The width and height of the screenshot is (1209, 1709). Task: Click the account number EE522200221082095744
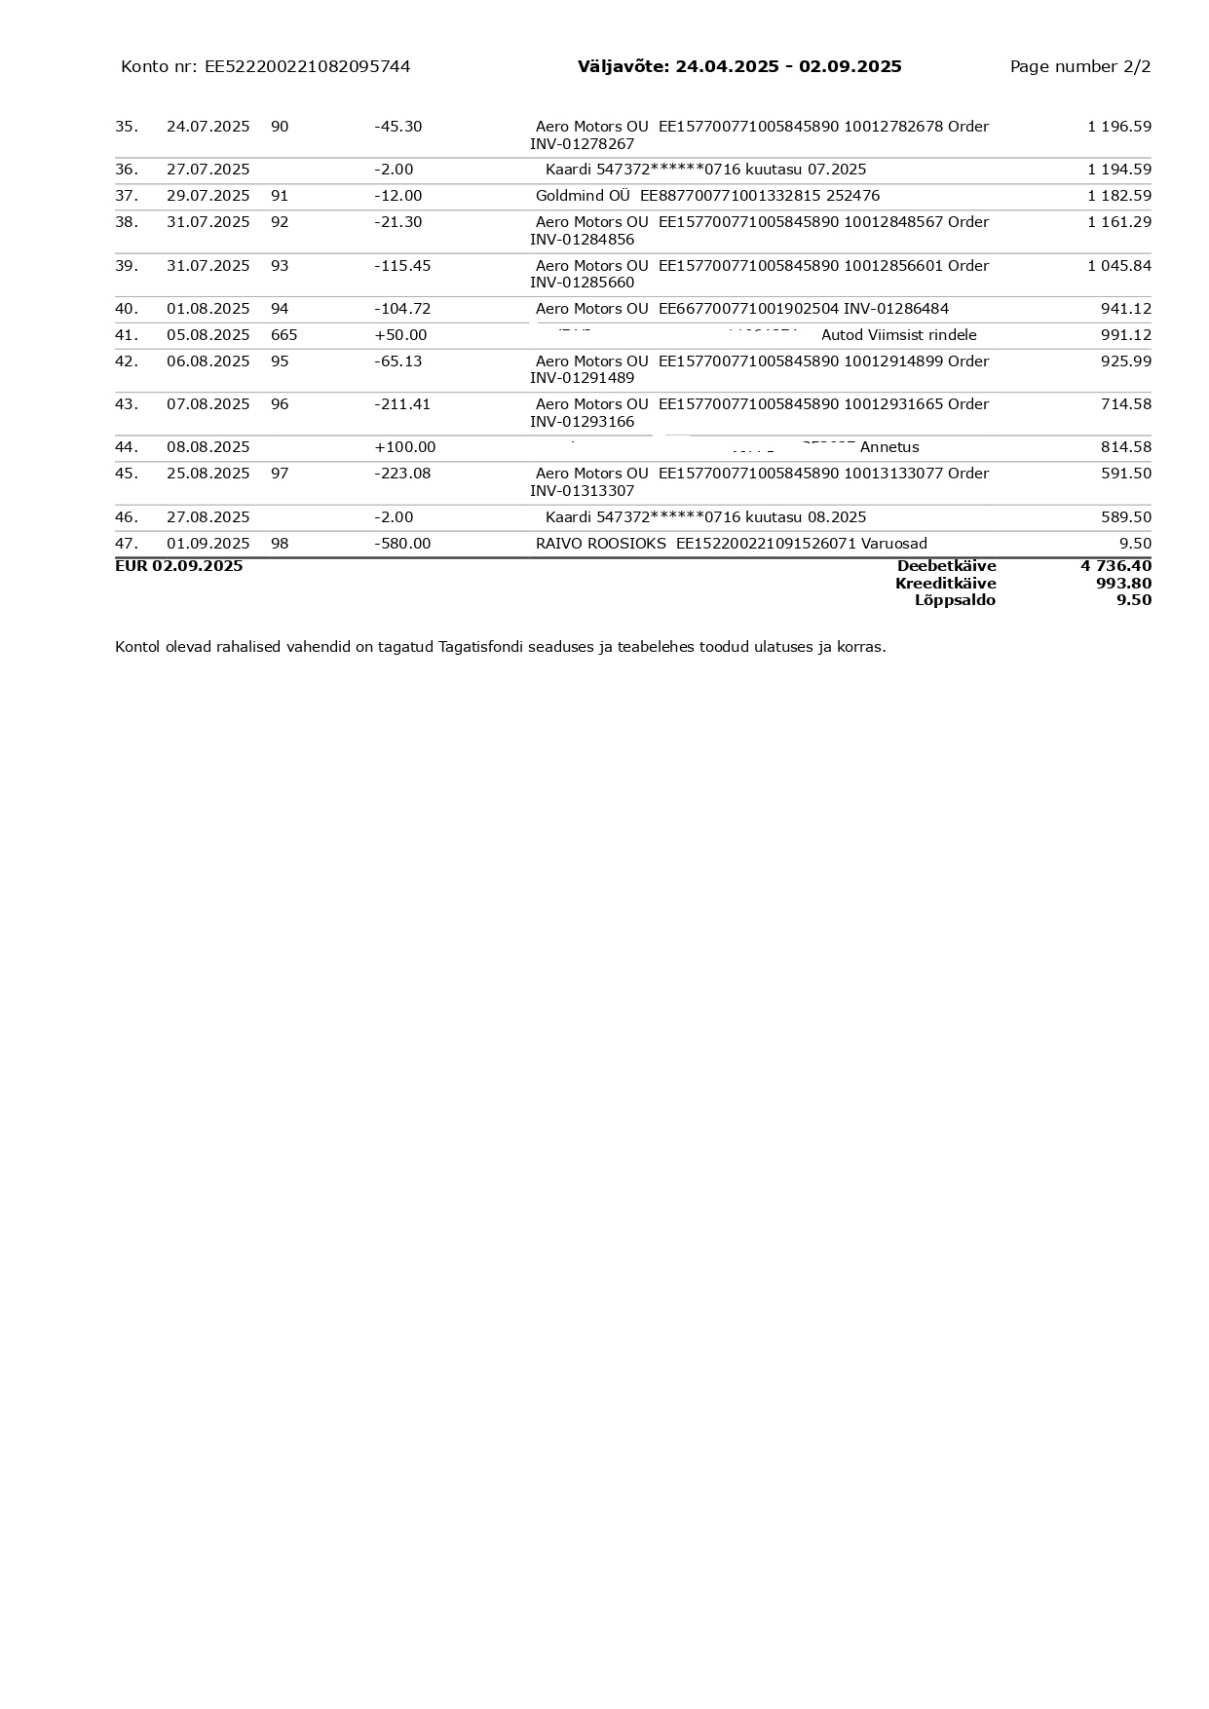pos(307,66)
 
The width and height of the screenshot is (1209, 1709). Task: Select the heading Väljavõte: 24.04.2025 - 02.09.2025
pos(739,66)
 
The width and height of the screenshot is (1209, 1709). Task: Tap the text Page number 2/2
pos(1079,66)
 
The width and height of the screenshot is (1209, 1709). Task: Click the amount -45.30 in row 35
pos(397,127)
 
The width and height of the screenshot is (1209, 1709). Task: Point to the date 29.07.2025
pos(208,196)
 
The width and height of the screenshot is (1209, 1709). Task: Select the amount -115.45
pos(402,266)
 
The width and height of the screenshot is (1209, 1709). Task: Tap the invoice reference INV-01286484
pos(895,309)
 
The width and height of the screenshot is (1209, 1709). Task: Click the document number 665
pos(283,335)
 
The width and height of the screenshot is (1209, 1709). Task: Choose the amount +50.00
pos(400,335)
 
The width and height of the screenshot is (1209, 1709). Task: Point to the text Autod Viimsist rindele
pos(898,335)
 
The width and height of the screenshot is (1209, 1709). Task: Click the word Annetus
pos(888,447)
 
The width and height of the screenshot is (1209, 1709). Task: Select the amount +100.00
pos(404,447)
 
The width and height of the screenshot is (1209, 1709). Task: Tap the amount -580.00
pos(402,544)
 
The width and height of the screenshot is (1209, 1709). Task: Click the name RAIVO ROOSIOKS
pos(600,544)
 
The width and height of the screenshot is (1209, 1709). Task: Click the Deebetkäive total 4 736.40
pos(1115,566)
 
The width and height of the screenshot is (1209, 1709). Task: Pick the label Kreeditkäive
pos(945,584)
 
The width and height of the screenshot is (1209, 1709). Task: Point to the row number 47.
pos(126,544)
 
